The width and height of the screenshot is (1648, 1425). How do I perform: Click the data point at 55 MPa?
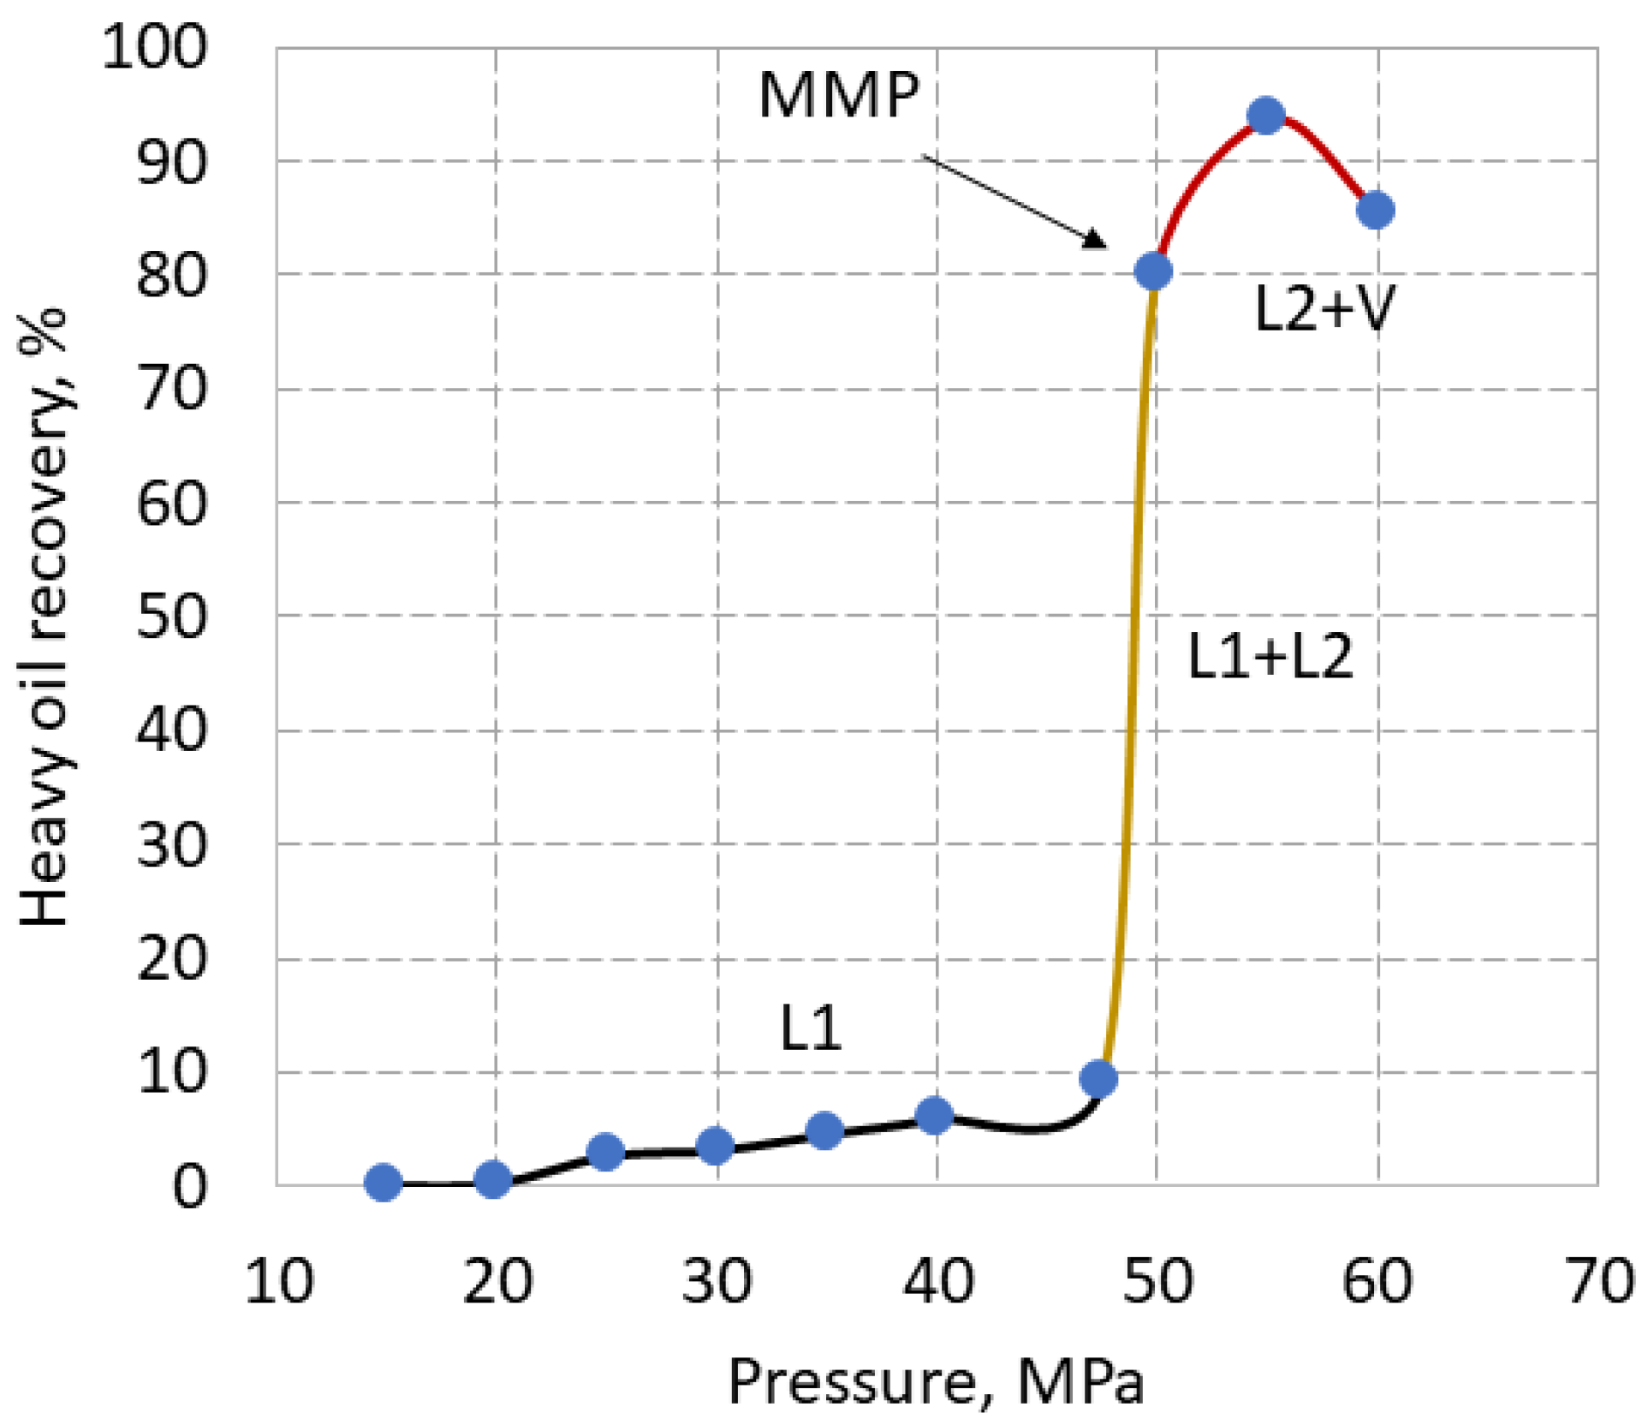pyautogui.click(x=1265, y=116)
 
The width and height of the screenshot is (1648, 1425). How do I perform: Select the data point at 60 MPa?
pyautogui.click(x=1375, y=210)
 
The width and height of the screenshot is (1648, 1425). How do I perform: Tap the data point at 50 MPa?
pyautogui.click(x=1152, y=271)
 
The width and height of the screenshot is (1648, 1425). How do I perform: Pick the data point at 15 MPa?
pyautogui.click(x=383, y=1183)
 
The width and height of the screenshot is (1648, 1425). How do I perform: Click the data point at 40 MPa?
pyautogui.click(x=934, y=1115)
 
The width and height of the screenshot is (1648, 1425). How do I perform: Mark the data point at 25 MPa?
pyautogui.click(x=605, y=1152)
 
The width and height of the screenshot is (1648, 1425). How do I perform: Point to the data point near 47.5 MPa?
pyautogui.click(x=1098, y=1079)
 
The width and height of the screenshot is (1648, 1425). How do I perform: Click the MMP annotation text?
pyautogui.click(x=838, y=95)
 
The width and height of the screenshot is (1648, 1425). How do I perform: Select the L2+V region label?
pyautogui.click(x=1324, y=308)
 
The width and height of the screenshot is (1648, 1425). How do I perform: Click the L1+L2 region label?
pyautogui.click(x=1270, y=657)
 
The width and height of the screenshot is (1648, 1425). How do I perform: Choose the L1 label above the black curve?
pyautogui.click(x=810, y=1028)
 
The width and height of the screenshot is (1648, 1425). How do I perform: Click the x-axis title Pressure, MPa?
pyautogui.click(x=935, y=1381)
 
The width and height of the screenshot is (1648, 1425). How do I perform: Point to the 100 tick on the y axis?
pyautogui.click(x=154, y=47)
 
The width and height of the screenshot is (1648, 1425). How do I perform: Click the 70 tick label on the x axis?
pyautogui.click(x=1597, y=1282)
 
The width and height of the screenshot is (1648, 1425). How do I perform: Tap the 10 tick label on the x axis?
pyautogui.click(x=278, y=1282)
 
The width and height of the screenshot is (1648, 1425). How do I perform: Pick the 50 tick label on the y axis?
pyautogui.click(x=171, y=616)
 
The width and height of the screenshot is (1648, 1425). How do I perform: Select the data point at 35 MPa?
pyautogui.click(x=824, y=1131)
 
